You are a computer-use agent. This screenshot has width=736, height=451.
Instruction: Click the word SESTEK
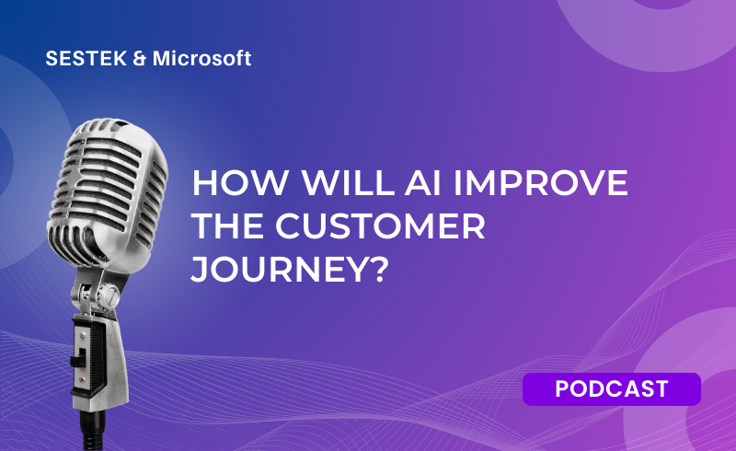tap(86, 59)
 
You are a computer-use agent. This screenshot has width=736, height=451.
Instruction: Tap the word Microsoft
tap(201, 59)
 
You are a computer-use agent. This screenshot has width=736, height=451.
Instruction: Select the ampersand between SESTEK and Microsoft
tap(140, 59)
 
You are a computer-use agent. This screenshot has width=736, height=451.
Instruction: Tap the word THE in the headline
tap(227, 226)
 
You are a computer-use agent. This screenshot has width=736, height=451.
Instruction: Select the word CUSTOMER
tap(380, 226)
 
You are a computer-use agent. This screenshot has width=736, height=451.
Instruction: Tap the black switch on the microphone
tap(76, 358)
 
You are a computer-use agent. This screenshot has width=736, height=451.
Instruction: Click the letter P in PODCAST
tap(562, 389)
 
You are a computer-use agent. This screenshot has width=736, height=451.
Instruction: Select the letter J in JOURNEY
tap(199, 270)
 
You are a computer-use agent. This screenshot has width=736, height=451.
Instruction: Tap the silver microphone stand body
tap(99, 357)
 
